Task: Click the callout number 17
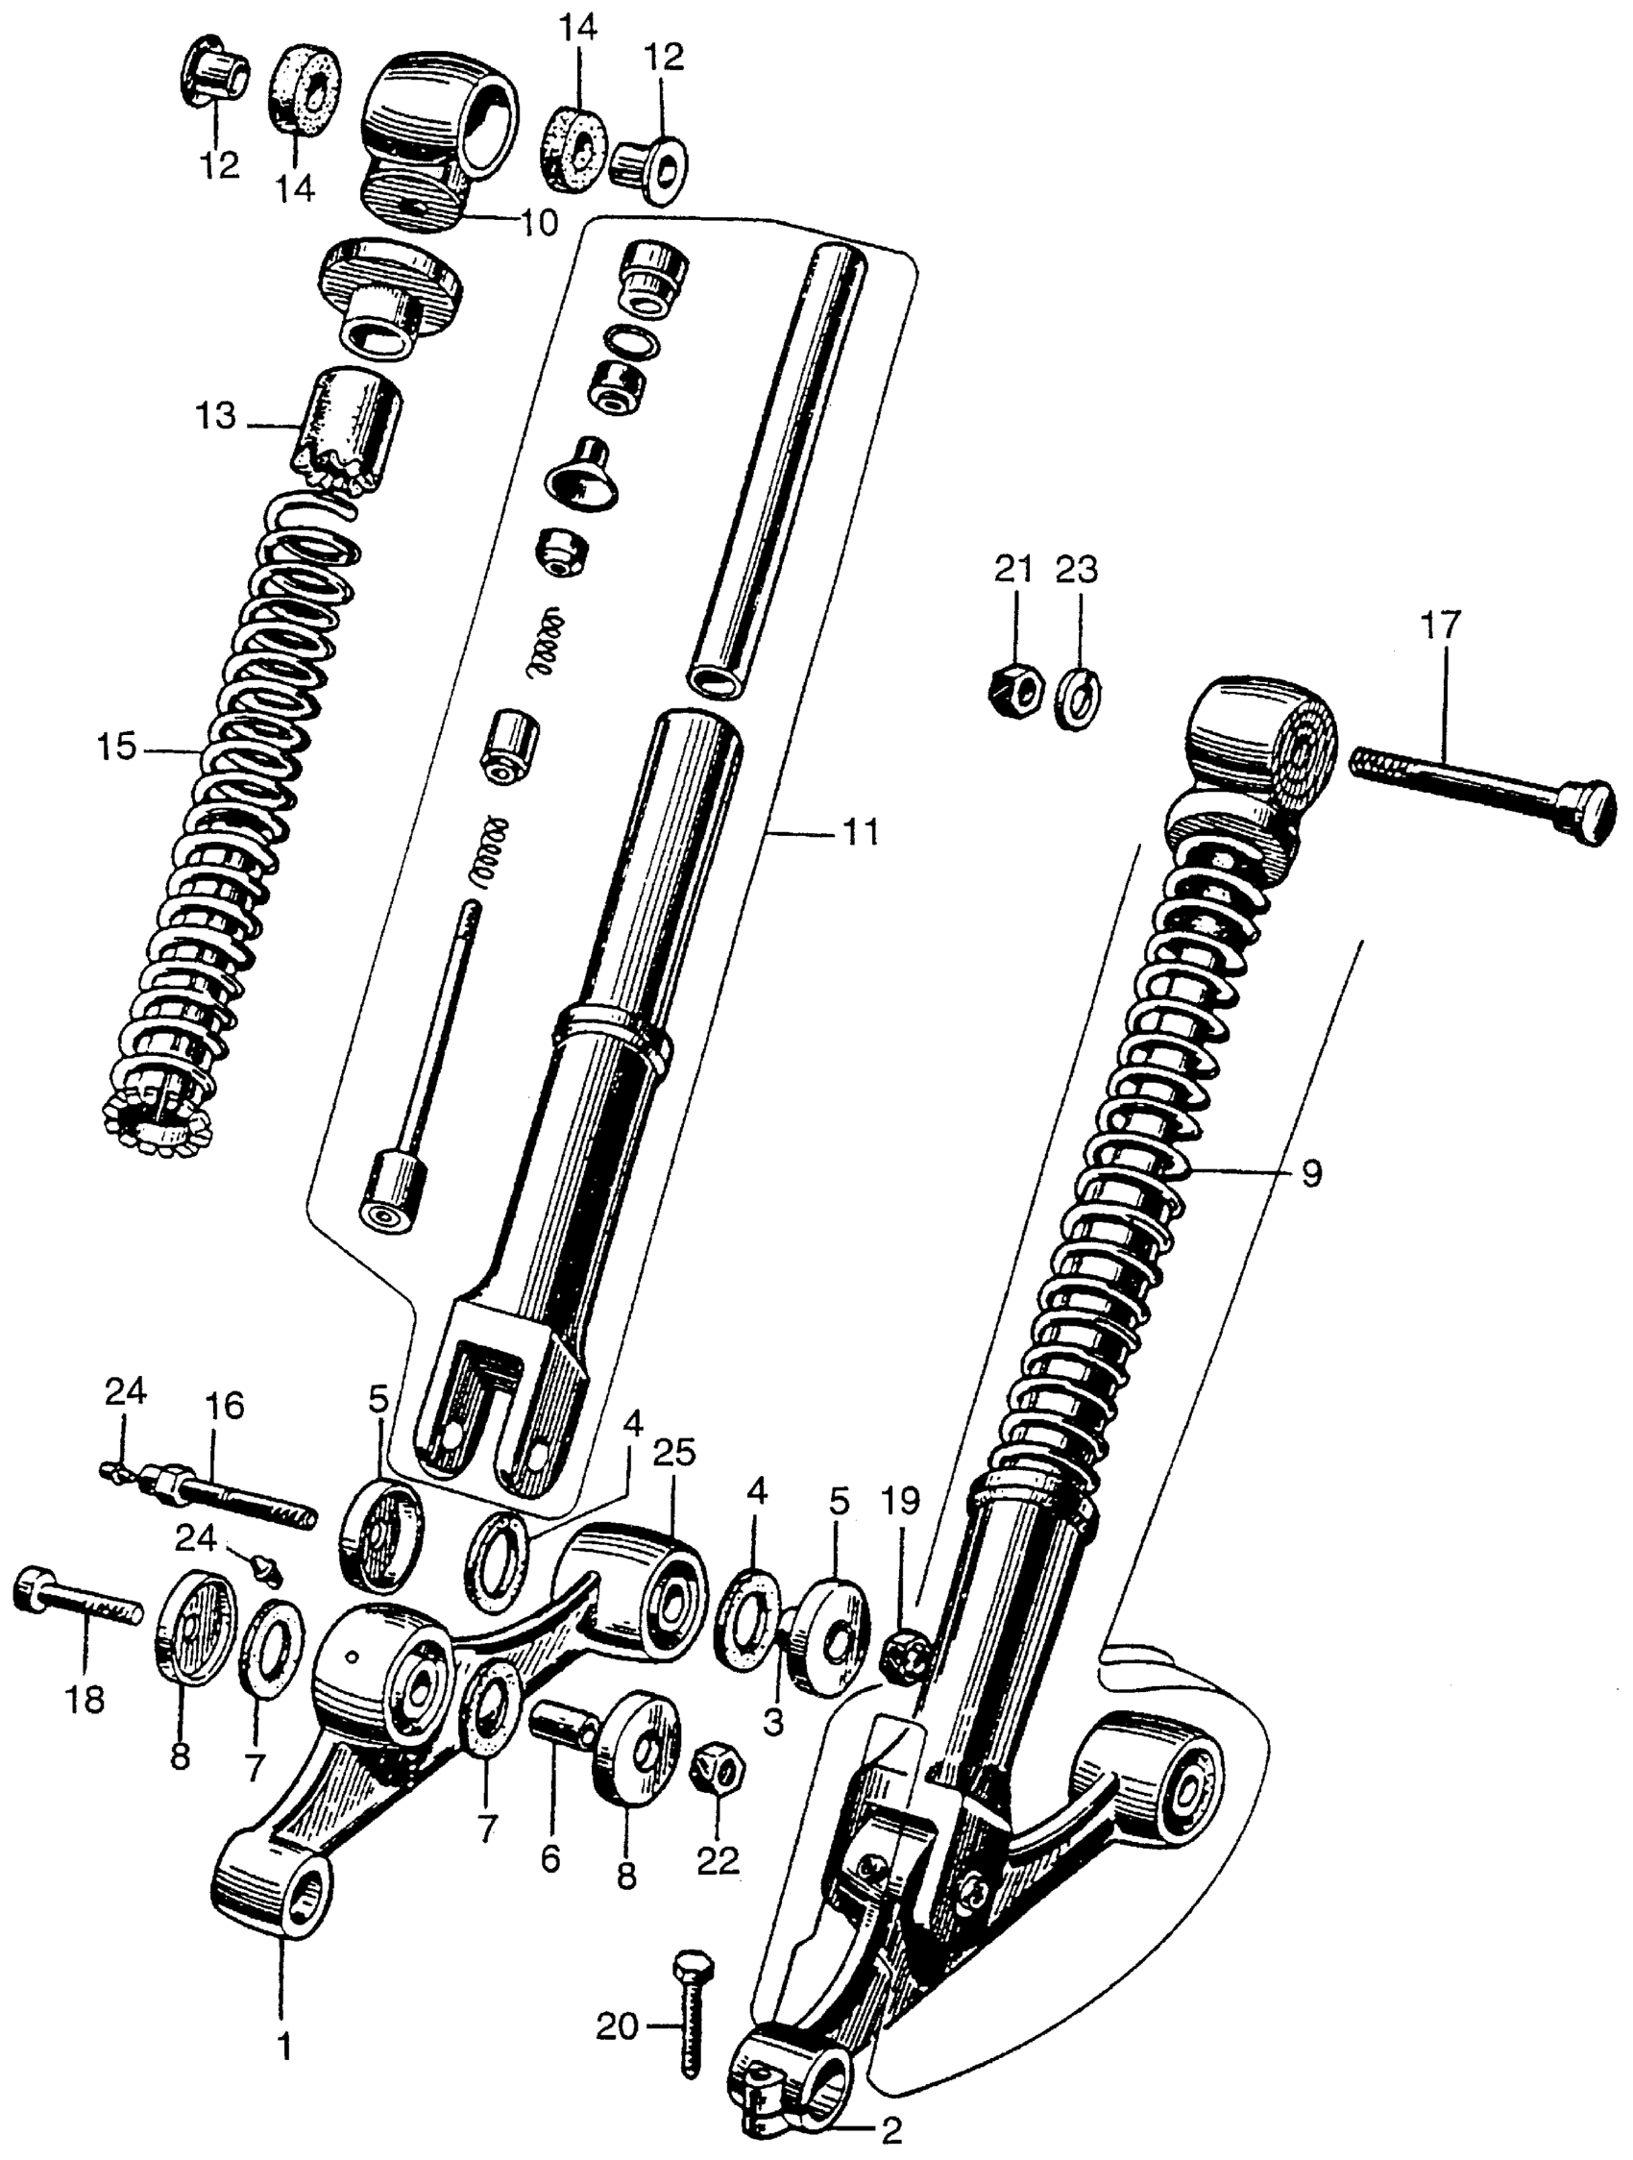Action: pyautogui.click(x=1443, y=626)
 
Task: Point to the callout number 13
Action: pyautogui.click(x=215, y=417)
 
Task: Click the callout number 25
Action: pyautogui.click(x=674, y=1452)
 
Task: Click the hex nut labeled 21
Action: pyautogui.click(x=1014, y=692)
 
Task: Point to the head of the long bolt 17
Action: pyautogui.click(x=1581, y=813)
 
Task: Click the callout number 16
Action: pyautogui.click(x=225, y=1406)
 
